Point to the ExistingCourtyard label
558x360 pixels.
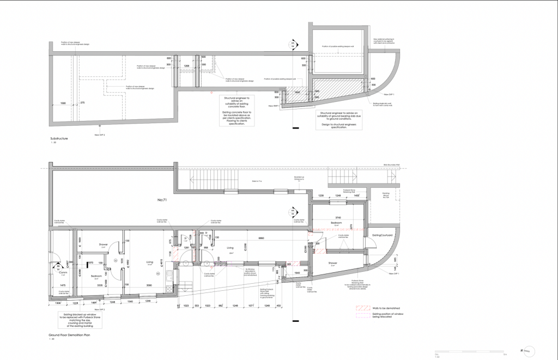pos(384,235)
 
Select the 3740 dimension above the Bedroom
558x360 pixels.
pos(338,217)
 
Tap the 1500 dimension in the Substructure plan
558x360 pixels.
pos(63,103)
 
